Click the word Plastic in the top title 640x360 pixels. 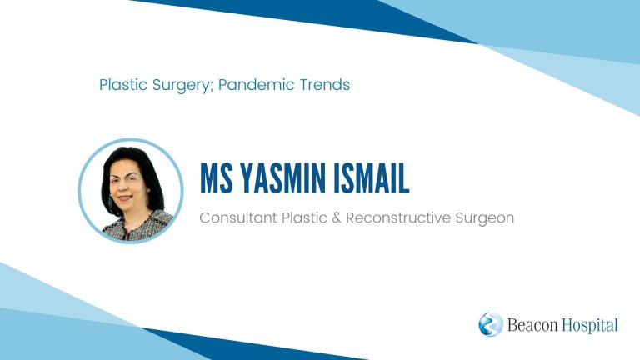[123, 85]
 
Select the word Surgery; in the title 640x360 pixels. [182, 86]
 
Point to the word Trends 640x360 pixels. [325, 85]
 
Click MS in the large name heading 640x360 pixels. [217, 178]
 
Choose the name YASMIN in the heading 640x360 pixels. [282, 178]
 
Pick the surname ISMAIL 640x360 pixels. [372, 178]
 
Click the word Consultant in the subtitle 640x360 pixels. [238, 217]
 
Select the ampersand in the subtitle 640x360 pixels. [337, 218]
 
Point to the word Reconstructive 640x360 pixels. [398, 217]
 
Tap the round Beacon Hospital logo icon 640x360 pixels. [491, 324]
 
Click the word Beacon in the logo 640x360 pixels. [532, 325]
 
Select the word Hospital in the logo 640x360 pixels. [590, 326]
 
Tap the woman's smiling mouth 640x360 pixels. [125, 197]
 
